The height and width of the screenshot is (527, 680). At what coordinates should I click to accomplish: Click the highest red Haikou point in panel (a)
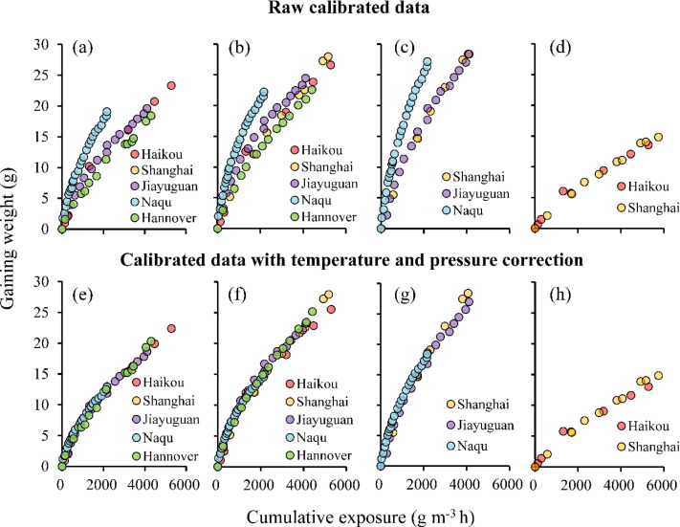(171, 86)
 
